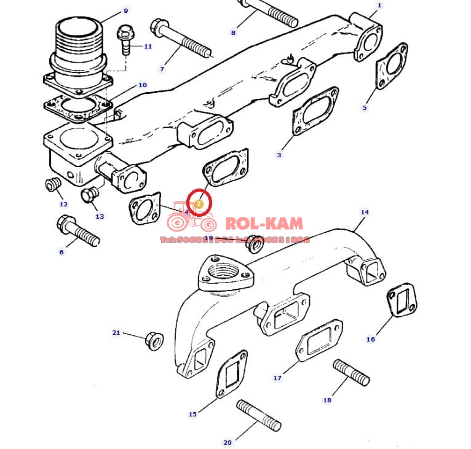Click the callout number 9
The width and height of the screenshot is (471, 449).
point(126,10)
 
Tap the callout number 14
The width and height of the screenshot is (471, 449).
point(365,213)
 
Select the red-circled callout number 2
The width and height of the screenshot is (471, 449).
point(199,202)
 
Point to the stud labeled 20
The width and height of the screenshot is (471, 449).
point(258,416)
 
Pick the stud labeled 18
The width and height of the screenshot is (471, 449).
point(351,372)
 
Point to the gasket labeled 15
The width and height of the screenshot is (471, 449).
point(232,374)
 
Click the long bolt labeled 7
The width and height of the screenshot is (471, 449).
point(179,39)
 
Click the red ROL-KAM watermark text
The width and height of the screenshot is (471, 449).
point(264,222)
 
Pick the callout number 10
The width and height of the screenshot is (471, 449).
point(142,85)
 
